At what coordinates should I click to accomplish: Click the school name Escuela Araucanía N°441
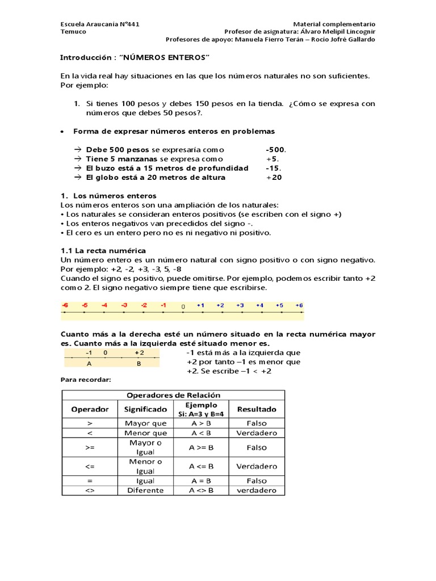click(100, 24)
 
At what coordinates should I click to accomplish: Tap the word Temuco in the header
click(73, 32)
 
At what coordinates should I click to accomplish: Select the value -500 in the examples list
click(276, 150)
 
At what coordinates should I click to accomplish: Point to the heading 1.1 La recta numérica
click(103, 250)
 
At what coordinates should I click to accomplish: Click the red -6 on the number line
click(65, 305)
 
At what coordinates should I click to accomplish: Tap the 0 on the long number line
click(183, 306)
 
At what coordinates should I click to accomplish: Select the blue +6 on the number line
click(299, 305)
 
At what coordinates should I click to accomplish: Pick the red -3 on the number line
click(124, 305)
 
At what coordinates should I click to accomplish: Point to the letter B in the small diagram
click(139, 364)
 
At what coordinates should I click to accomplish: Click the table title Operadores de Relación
click(173, 395)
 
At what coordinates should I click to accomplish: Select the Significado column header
click(146, 409)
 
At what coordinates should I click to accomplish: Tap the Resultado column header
click(257, 409)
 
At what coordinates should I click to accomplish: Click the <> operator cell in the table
click(90, 490)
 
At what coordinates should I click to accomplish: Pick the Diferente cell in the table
click(146, 490)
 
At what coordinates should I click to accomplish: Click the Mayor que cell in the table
click(146, 423)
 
